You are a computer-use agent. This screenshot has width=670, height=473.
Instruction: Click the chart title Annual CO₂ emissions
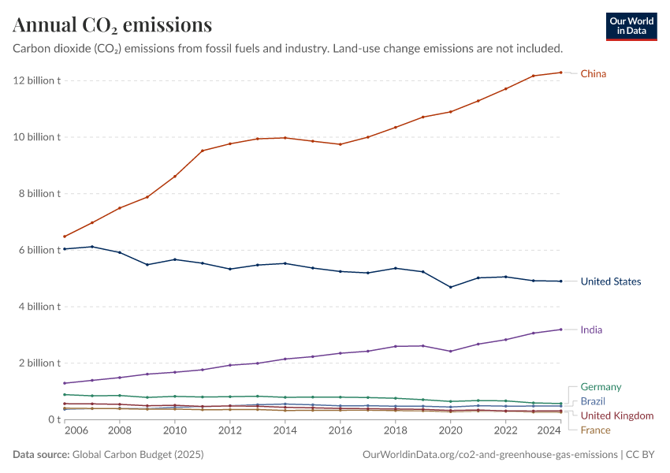pos(113,25)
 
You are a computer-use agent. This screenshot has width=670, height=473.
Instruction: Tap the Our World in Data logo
pos(631,26)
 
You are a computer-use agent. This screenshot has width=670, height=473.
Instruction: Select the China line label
pos(594,74)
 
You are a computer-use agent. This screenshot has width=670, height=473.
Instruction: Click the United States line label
pos(611,281)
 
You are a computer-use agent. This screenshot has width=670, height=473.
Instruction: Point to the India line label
pos(591,330)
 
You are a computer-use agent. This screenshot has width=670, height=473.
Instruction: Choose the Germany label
pos(601,387)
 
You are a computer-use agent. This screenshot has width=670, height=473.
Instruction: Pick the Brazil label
pos(594,401)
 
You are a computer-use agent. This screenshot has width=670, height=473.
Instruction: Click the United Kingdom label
pos(617,415)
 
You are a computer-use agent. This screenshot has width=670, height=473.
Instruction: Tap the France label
pos(595,430)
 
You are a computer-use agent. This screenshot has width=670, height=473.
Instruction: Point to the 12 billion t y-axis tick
pos(36,80)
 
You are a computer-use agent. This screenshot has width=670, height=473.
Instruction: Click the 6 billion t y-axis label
pos(36,250)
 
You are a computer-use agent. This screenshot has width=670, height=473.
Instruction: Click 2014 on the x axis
pos(285,432)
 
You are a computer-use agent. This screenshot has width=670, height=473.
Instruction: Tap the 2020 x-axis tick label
pos(450,432)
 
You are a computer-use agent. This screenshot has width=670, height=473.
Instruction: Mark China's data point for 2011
pos(203,151)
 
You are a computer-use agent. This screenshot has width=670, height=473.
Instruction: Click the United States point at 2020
pos(450,287)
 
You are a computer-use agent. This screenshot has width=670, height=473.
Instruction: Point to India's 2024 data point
pos(560,330)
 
